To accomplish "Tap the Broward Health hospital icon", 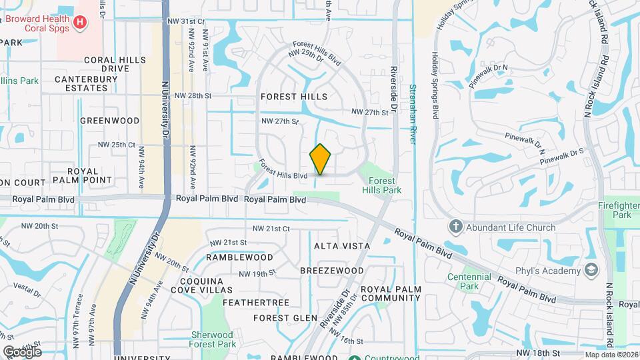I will [x=80, y=23].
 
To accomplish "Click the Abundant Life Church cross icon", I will [x=456, y=227].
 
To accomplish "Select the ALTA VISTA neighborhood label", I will [x=342, y=246].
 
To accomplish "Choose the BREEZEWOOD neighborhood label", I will [x=332, y=271].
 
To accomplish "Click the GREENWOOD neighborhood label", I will [x=109, y=121].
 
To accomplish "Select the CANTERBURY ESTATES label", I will [x=86, y=84].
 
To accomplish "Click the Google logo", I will [x=22, y=352].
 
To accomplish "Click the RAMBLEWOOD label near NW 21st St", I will [x=239, y=257].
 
